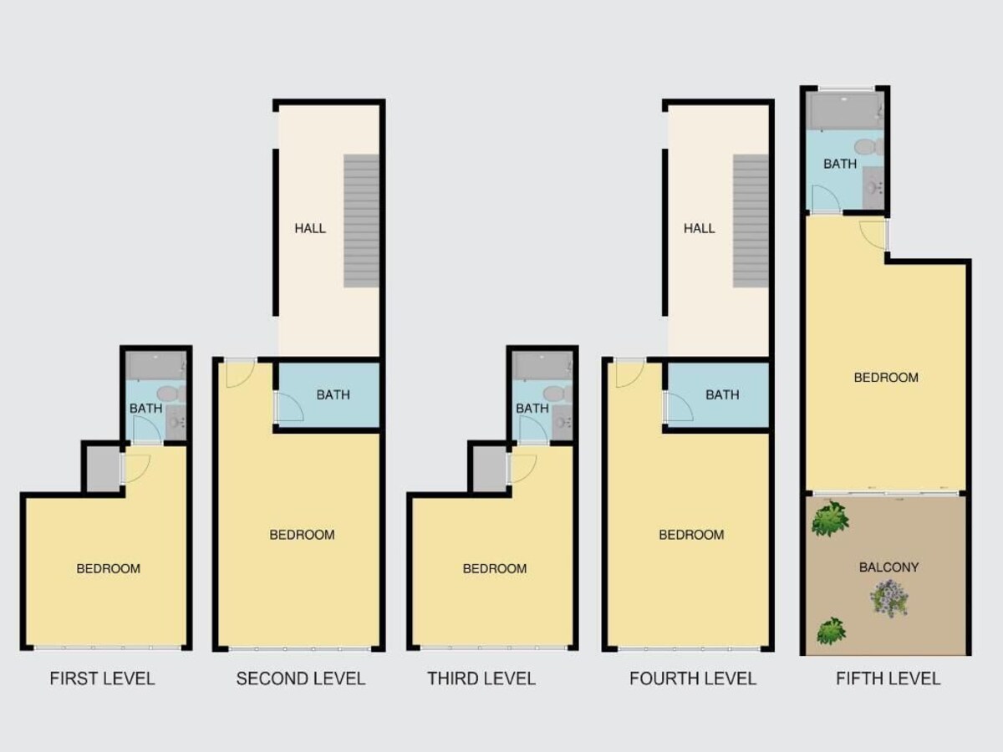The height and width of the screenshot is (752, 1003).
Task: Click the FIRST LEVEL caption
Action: (x=102, y=678)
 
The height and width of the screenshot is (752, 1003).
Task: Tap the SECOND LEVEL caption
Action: (x=301, y=678)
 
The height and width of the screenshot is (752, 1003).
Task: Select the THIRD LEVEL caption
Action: (x=481, y=678)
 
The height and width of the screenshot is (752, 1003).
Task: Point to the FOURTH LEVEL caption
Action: (x=693, y=678)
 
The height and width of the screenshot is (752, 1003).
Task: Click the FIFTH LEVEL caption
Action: (x=888, y=678)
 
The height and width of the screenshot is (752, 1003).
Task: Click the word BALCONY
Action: (x=888, y=567)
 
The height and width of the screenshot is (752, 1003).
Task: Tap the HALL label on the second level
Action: (x=310, y=228)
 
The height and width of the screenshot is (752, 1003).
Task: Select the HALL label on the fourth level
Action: (x=700, y=228)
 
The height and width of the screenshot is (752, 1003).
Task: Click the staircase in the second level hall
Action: (x=361, y=221)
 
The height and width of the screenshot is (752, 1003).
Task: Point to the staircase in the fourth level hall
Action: (x=751, y=221)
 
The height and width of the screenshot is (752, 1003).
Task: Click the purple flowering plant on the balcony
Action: (x=889, y=598)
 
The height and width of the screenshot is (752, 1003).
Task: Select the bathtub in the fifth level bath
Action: (x=844, y=111)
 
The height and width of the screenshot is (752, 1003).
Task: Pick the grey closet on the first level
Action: (x=104, y=469)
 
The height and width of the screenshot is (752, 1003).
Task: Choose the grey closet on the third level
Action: (x=490, y=469)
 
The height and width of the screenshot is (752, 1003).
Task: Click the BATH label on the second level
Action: (x=333, y=395)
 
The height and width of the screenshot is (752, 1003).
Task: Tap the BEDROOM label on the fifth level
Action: (x=886, y=378)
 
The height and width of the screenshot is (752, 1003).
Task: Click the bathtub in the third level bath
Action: (x=542, y=365)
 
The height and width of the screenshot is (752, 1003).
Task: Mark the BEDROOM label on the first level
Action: (x=109, y=568)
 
